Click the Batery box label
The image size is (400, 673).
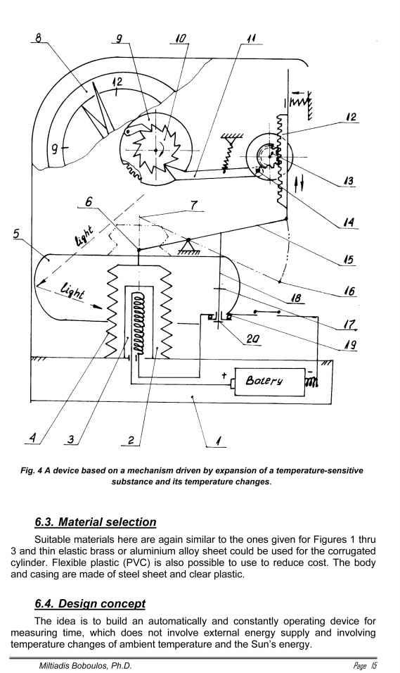(264, 381)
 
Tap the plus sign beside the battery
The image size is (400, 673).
(224, 375)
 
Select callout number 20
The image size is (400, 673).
(252, 339)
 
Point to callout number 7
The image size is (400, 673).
(194, 206)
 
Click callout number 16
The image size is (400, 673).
(349, 291)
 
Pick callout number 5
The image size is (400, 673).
(16, 234)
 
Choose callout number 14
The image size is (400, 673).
(349, 222)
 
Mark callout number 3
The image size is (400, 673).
(71, 439)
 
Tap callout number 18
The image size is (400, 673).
(296, 298)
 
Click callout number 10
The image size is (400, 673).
(181, 38)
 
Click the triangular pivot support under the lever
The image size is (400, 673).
(188, 246)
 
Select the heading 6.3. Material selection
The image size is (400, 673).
(95, 522)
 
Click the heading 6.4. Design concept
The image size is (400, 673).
(90, 603)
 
